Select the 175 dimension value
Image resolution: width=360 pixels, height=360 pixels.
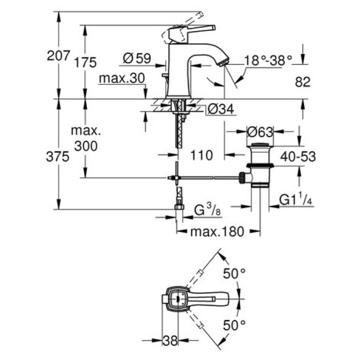(x=85, y=62)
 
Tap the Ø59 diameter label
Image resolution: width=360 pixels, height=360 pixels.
(x=137, y=60)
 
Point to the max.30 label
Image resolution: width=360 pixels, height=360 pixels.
(x=121, y=78)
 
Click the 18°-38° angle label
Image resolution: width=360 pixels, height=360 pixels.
(x=268, y=60)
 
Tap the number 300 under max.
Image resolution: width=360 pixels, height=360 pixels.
(x=85, y=146)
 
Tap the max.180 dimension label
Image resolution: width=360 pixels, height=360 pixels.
(x=215, y=232)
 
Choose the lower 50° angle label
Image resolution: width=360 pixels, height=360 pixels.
(x=235, y=325)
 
